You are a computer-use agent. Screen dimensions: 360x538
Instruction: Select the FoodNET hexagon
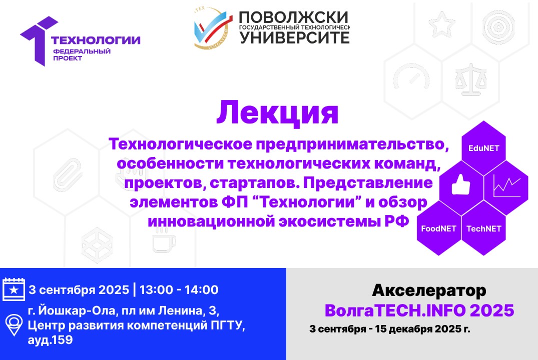pos(438,228)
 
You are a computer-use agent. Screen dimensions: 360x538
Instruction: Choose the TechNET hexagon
pos(483,228)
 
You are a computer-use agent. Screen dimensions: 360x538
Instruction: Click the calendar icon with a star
pos(14,289)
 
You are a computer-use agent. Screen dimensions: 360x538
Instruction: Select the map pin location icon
pos(14,325)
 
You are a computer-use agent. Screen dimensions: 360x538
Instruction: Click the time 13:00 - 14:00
pos(179,289)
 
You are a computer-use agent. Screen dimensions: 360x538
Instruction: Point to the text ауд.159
pos(51,340)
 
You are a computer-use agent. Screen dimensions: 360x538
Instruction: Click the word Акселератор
pos(429,290)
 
